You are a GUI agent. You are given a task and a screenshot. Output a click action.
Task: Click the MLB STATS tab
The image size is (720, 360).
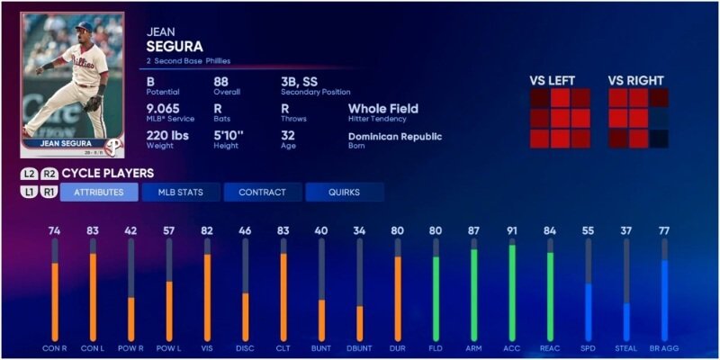coord(180,192)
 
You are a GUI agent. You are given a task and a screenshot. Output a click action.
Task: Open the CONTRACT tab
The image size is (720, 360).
coord(262,192)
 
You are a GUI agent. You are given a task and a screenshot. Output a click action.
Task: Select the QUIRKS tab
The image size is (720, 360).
coord(344,192)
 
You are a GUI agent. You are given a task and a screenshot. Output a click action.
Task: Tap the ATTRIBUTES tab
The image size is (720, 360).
coord(99,192)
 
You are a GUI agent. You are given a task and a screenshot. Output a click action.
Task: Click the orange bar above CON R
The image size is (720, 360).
coord(55,301)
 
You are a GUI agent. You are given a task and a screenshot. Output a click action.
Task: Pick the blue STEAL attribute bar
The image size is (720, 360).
coord(626,321)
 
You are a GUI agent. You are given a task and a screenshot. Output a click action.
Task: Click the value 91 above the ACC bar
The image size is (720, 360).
coord(513,231)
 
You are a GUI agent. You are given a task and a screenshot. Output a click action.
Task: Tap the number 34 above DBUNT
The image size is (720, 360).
coord(360,231)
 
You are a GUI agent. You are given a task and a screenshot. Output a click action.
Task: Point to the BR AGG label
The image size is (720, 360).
coord(664,348)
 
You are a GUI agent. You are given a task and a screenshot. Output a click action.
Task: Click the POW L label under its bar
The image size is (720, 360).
coord(168,348)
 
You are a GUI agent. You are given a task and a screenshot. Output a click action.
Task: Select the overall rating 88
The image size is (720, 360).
coord(221,82)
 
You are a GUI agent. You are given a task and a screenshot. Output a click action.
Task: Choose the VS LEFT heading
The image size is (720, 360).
coord(555,79)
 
